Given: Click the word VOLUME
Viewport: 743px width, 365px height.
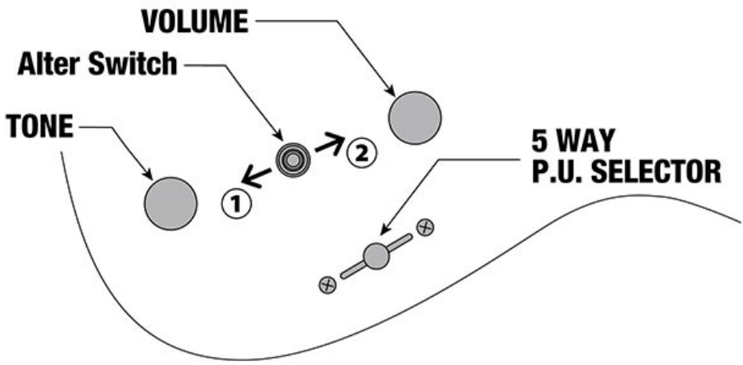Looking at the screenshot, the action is click(195, 21).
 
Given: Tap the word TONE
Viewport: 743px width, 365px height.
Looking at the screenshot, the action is click(40, 127).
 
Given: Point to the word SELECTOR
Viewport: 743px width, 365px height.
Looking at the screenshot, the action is click(657, 172).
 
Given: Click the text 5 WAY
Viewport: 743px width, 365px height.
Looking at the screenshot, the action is click(573, 140).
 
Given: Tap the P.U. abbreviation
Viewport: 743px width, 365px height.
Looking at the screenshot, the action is click(559, 172).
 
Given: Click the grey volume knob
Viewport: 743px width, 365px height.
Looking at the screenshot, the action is click(415, 117).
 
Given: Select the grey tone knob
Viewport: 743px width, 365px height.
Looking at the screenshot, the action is click(170, 204).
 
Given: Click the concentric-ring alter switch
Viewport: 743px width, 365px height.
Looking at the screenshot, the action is click(293, 161).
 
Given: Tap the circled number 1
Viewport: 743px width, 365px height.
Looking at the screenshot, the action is click(236, 204).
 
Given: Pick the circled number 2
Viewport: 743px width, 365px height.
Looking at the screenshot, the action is click(361, 154).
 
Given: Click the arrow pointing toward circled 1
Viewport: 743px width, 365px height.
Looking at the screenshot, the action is click(257, 178).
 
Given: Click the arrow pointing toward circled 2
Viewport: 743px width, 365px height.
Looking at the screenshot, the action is click(329, 143).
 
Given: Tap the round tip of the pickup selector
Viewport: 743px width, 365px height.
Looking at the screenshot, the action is click(376, 256).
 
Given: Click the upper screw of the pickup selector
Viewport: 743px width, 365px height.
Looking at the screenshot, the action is click(425, 227).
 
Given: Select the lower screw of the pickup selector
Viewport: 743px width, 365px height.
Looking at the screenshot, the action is click(328, 285).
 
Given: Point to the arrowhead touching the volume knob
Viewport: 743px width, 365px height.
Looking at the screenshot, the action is click(389, 90).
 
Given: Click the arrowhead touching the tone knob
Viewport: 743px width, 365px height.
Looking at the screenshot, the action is click(148, 175).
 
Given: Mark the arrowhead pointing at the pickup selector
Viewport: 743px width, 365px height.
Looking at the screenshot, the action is click(386, 229).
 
